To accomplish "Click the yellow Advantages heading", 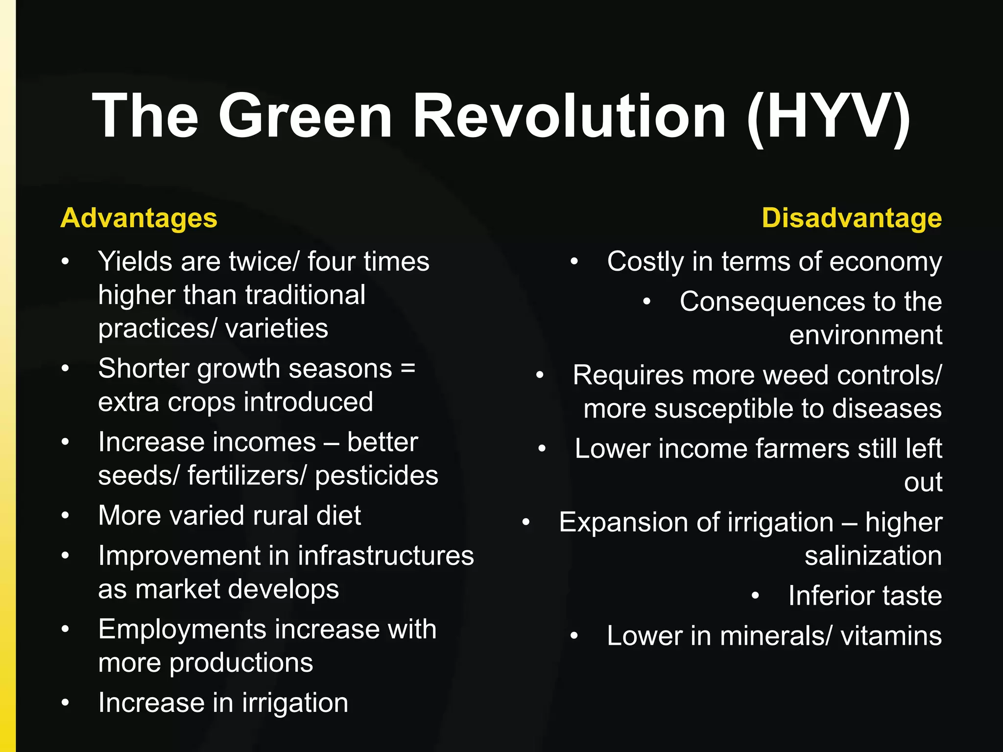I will coord(139,218).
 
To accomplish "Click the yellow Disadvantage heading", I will coord(852,218).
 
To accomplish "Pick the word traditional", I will coord(305,295).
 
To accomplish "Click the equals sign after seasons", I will coord(408,368).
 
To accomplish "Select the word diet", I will coord(339,516).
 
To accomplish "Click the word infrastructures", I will coord(386,556).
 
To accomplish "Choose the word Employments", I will coord(178,630).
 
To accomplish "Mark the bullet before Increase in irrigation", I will coord(66,703).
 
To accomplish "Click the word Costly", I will coord(645,262).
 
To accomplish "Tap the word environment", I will coord(865,335).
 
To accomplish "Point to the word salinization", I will coord(873,556).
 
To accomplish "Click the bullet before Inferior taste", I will coord(756,596).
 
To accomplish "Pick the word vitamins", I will coord(891,636).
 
